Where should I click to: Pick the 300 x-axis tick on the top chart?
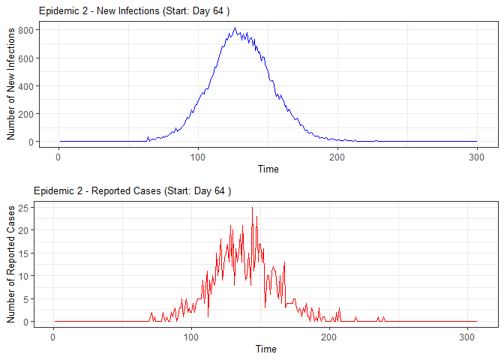[476, 156]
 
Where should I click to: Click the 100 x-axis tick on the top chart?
[198, 156]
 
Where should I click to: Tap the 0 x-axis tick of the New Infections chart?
[58, 156]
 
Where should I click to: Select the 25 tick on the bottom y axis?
[27, 207]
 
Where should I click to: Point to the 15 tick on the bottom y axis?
[27, 253]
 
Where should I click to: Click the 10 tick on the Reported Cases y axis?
[27, 276]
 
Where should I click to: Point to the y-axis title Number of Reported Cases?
[11, 262]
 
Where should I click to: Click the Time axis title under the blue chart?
[268, 169]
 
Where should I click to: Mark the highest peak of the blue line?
[235, 28]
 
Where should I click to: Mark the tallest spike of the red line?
[252, 207]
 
